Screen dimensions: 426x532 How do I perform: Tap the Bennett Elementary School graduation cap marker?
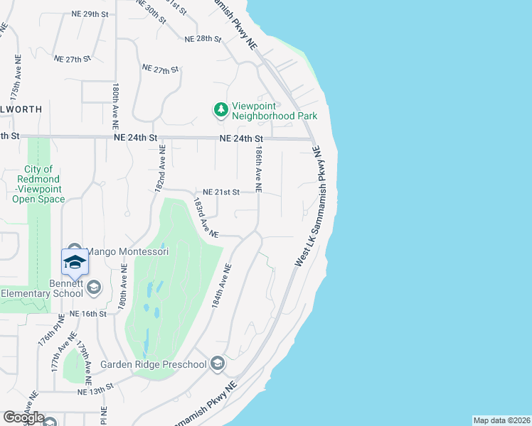pyautogui.click(x=75, y=263)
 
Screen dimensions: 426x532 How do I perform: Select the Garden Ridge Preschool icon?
pyautogui.click(x=218, y=365)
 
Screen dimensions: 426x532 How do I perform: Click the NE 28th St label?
pyautogui.click(x=203, y=38)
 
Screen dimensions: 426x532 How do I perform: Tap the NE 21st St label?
pyautogui.click(x=221, y=192)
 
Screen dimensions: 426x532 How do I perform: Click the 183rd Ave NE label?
pyautogui.click(x=206, y=217)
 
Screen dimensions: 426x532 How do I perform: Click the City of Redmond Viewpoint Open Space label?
pyautogui.click(x=38, y=184)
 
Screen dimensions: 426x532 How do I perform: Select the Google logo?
pyautogui.click(x=23, y=417)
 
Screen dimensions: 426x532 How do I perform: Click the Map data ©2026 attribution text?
pyautogui.click(x=501, y=420)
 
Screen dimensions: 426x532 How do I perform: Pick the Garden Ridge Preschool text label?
pyautogui.click(x=153, y=365)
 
